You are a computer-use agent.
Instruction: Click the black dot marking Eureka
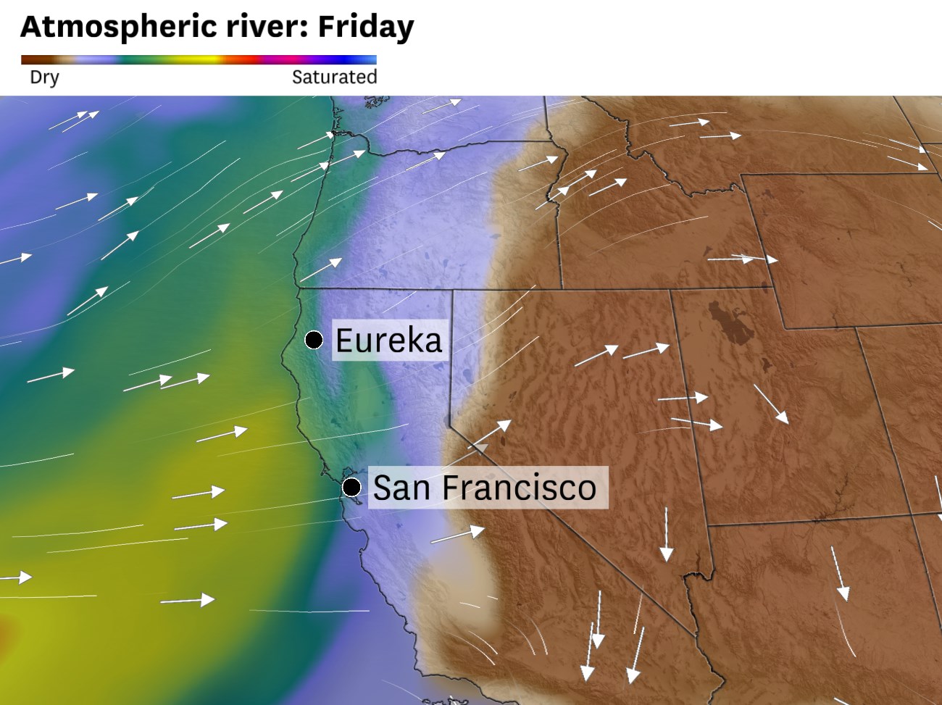pos(314,339)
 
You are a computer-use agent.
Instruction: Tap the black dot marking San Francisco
pos(352,486)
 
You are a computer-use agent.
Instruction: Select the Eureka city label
pos(388,340)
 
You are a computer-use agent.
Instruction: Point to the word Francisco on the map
pos(519,487)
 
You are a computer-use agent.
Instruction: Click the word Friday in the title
pos(366,27)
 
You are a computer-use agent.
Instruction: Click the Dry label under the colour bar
pos(44,77)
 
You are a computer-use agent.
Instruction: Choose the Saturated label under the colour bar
pos(334,77)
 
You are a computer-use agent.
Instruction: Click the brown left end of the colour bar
pos(29,60)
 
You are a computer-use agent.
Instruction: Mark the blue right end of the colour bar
pos(368,60)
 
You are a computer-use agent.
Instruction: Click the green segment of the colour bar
pos(145,60)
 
